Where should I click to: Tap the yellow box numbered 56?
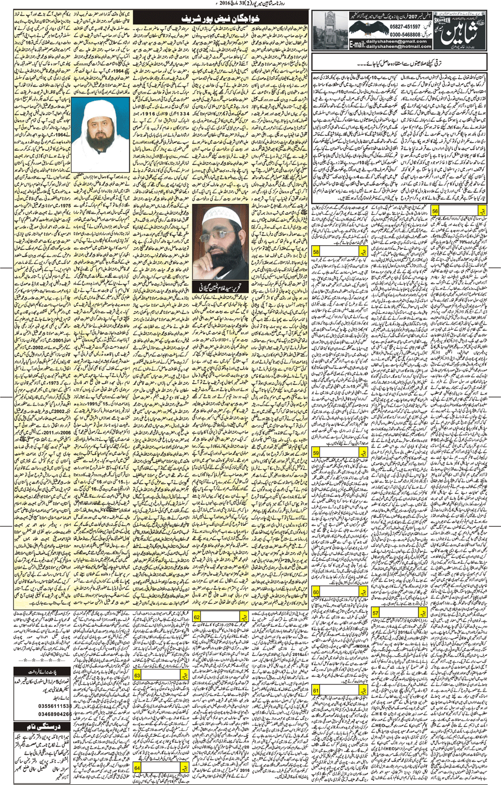(435, 211)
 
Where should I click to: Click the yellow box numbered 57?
(375, 612)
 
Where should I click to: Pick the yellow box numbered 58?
(316, 252)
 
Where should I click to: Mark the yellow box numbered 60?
(316, 592)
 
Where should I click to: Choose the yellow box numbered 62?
(197, 617)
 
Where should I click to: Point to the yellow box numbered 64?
(137, 767)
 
